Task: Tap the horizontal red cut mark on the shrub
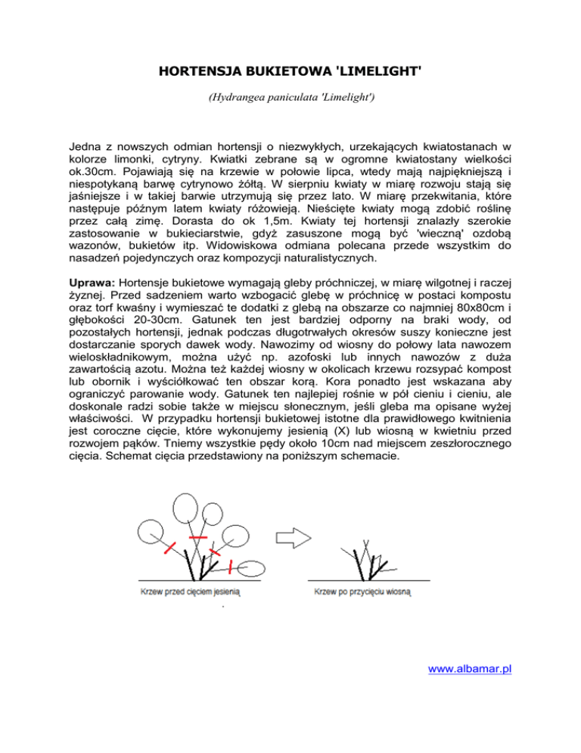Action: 199,537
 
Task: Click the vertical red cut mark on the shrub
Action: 231,567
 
